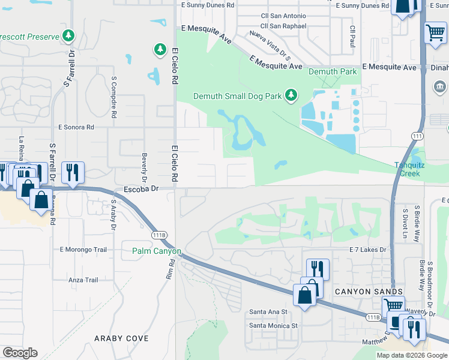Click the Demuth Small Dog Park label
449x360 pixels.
click(238, 96)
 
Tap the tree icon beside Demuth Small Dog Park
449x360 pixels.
click(291, 95)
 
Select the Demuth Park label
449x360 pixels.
click(333, 72)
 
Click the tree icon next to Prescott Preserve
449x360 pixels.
click(70, 37)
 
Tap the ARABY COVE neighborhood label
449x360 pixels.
click(121, 338)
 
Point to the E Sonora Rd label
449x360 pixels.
click(76, 127)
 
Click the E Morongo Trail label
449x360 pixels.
click(83, 250)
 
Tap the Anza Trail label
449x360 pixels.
click(83, 280)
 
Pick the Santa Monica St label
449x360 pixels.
click(273, 326)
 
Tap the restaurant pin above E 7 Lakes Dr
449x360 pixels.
click(318, 269)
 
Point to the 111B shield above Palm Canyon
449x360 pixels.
click(159, 235)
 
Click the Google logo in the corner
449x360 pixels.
click(20, 353)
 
